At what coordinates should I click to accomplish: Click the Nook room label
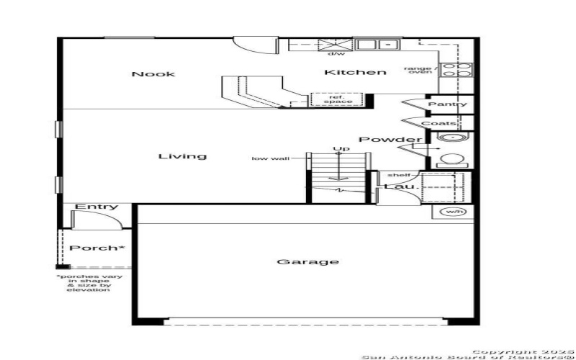click(153, 74)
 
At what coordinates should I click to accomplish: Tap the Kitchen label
click(355, 72)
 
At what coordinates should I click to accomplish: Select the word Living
click(182, 156)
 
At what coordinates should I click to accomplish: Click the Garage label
click(307, 261)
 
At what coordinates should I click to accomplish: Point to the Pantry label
click(448, 104)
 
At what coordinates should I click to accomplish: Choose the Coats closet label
click(438, 123)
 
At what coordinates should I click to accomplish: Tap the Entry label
click(96, 207)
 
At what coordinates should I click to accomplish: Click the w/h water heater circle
click(453, 212)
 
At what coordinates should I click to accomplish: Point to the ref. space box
click(337, 99)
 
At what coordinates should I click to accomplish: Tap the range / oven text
click(420, 70)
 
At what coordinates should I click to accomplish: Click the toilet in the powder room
click(451, 160)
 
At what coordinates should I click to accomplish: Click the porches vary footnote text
click(90, 283)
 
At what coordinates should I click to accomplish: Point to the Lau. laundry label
click(400, 187)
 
